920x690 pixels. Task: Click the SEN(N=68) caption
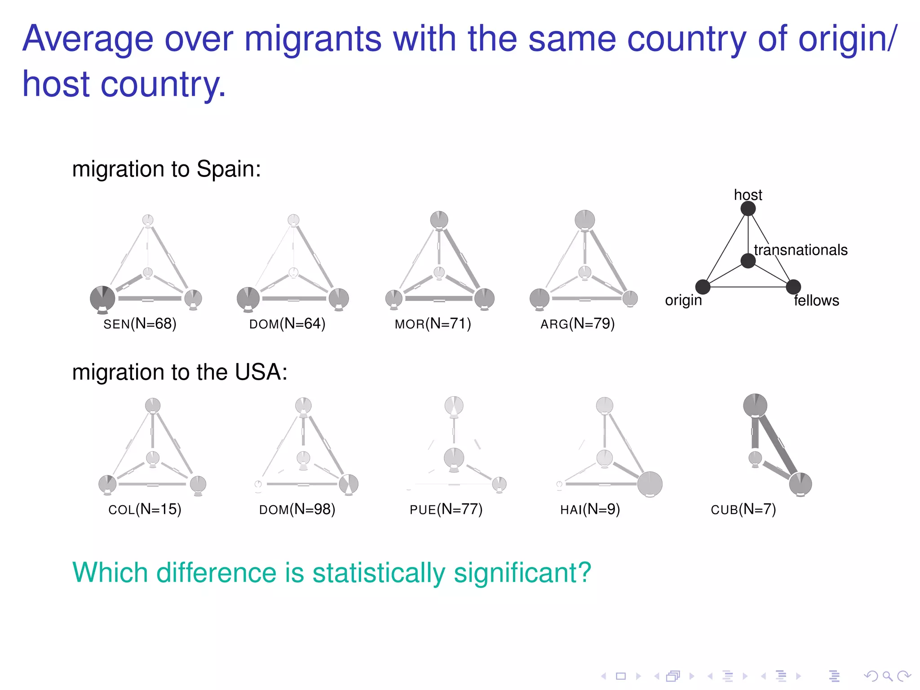(140, 324)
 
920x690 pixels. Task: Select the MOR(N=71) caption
(433, 324)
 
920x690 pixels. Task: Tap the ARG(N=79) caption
(577, 324)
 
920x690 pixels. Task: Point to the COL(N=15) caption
(145, 509)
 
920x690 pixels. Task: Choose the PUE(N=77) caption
(446, 509)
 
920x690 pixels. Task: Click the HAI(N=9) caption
(590, 509)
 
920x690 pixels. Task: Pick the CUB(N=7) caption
(743, 509)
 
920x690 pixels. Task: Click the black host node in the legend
(748, 208)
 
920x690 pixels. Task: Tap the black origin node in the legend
(703, 287)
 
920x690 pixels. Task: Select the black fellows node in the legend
(793, 287)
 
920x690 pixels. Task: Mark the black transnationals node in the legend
(748, 261)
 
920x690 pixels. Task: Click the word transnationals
(801, 250)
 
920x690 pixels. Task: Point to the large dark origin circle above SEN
(102, 298)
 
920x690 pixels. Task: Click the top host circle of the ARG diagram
(584, 220)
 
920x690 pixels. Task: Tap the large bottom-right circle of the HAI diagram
(650, 484)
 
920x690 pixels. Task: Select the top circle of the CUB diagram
(755, 405)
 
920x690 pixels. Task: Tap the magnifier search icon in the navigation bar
(887, 676)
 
